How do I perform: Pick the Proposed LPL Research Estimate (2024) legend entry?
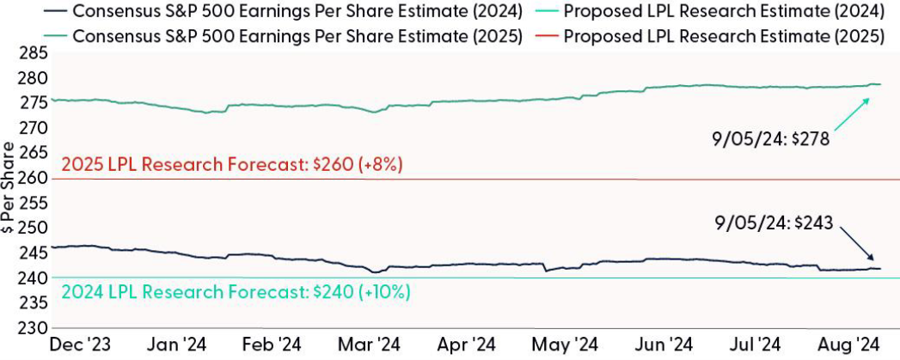(x=714, y=13)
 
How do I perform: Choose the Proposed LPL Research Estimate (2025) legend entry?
(x=714, y=37)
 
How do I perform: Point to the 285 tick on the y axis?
(x=32, y=53)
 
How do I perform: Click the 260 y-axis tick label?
(x=32, y=179)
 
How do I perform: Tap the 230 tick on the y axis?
(x=32, y=328)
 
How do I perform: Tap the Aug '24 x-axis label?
(x=847, y=345)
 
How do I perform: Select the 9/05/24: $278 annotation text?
(x=770, y=139)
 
